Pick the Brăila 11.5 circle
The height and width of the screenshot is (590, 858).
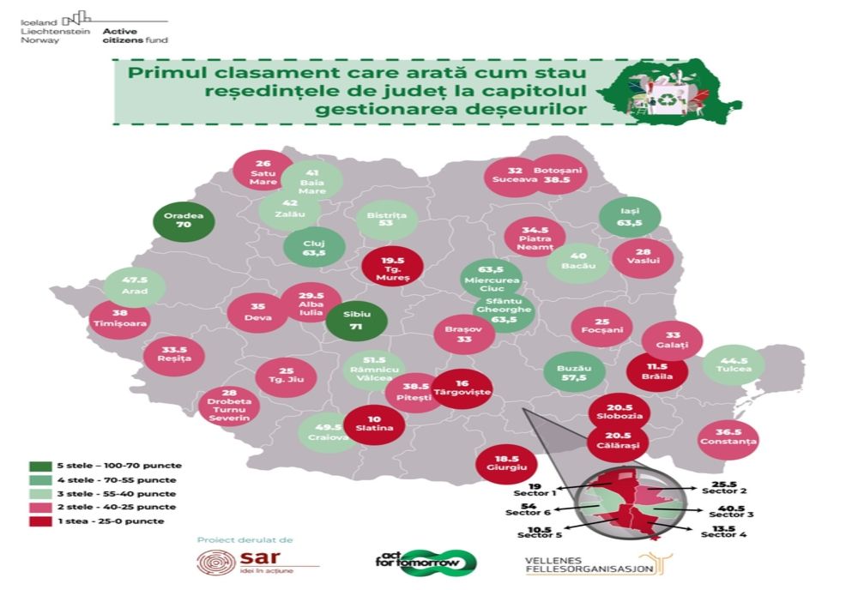(x=656, y=370)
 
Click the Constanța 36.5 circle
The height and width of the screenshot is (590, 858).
(x=728, y=438)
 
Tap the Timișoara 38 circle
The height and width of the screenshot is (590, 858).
(x=119, y=318)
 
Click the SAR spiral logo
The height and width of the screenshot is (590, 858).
(x=216, y=564)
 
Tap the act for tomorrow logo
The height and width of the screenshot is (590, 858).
(x=426, y=562)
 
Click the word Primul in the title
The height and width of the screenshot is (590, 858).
(x=161, y=73)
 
